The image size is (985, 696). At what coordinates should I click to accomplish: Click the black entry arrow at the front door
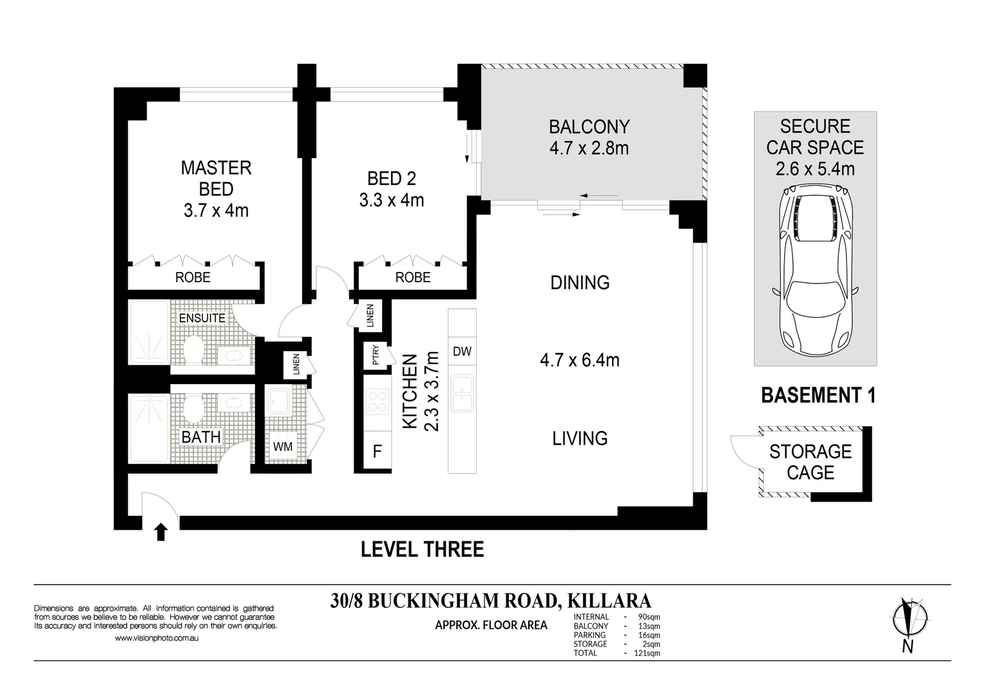[x=161, y=532]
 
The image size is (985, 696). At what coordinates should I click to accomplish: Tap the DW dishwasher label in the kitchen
[x=462, y=351]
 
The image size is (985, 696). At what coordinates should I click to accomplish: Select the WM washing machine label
[x=282, y=447]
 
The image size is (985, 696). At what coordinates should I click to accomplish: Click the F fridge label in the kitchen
[x=377, y=451]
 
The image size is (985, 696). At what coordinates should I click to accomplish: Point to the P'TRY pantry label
[x=376, y=355]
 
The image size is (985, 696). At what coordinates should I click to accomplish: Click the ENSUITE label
[x=202, y=318]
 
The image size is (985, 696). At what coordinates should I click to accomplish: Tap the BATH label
[x=201, y=437]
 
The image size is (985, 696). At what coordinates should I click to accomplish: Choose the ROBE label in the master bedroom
[x=193, y=277]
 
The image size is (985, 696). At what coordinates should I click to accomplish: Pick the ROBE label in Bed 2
[x=413, y=277]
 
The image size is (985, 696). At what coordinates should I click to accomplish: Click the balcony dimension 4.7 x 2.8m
[x=589, y=148]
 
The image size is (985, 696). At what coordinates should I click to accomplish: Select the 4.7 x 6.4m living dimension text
[x=580, y=360]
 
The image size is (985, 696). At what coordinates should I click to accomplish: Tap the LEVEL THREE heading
[x=422, y=549]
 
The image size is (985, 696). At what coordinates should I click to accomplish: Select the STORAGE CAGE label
[x=810, y=462]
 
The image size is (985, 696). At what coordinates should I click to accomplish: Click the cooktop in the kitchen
[x=378, y=401]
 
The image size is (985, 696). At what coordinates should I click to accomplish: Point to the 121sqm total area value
[x=647, y=653]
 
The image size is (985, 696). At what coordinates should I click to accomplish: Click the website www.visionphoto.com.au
[x=157, y=638]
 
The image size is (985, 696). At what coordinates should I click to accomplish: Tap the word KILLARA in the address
[x=609, y=601]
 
